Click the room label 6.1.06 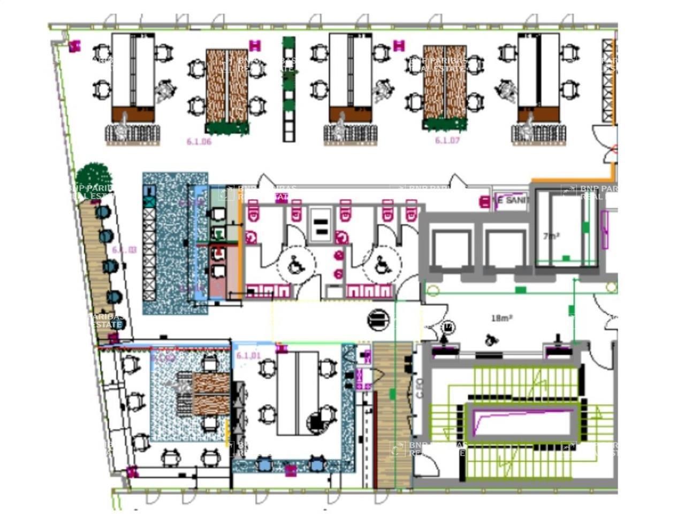(199, 141)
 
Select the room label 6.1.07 (447, 140)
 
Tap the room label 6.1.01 (248, 356)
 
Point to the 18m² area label (501, 318)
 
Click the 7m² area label (551, 236)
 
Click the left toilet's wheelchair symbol (295, 264)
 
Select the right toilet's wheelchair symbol (382, 263)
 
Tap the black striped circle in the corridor (378, 320)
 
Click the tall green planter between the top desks (289, 88)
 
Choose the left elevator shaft (451, 250)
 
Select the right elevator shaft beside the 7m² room (505, 250)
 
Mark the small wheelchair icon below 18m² (490, 340)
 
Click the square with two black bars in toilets (321, 226)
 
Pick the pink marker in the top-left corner (74, 47)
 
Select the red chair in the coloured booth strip (218, 252)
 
